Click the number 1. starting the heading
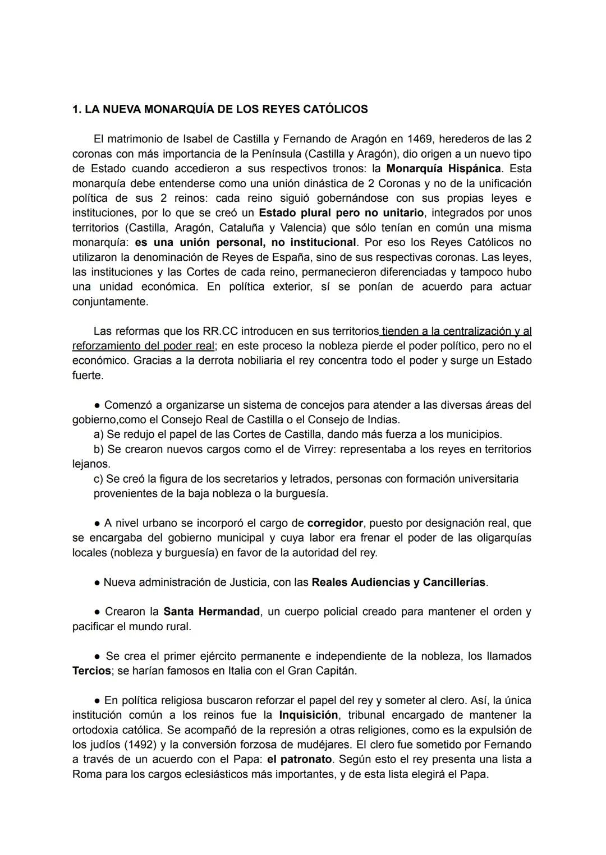[x=76, y=109]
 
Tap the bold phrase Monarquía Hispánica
[x=443, y=169]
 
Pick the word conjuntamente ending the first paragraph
[x=110, y=302]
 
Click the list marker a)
[x=99, y=435]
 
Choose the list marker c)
[x=98, y=479]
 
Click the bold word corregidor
[x=335, y=523]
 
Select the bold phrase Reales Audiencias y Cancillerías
[x=398, y=583]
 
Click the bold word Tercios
[x=91, y=671]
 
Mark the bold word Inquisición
[x=309, y=715]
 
